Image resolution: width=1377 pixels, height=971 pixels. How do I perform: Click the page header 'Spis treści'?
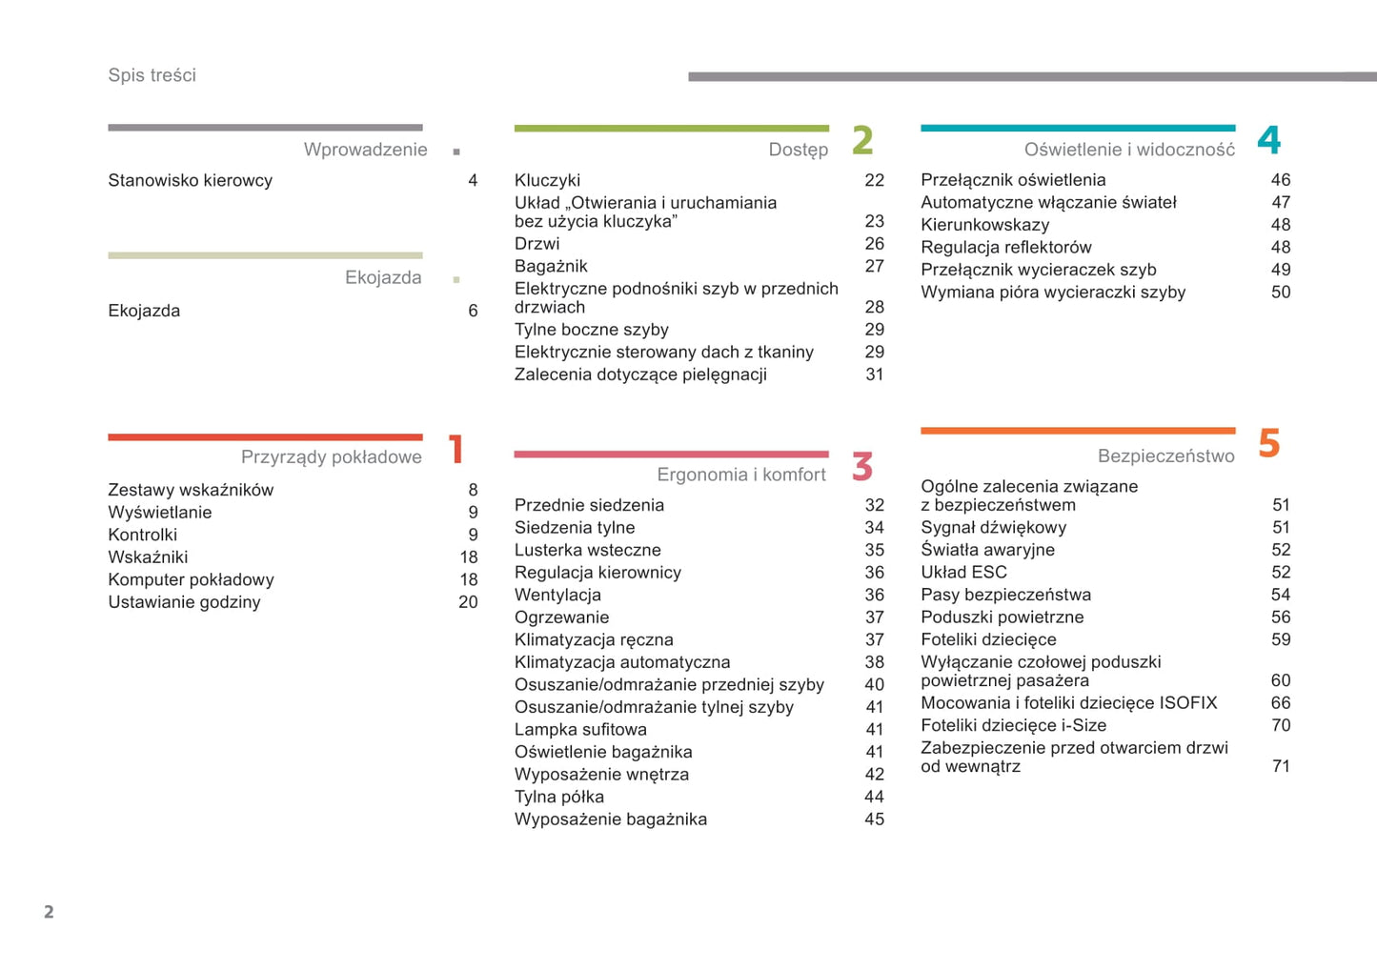coord(152,75)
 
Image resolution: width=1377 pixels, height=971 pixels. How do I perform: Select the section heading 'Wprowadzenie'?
coord(365,150)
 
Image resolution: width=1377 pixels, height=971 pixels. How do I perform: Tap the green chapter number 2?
coord(862,140)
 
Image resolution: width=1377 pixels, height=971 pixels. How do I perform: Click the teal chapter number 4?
coord(1268,140)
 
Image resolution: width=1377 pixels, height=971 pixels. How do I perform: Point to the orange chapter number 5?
coord(1268,443)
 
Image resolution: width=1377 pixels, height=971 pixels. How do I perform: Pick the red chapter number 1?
coord(456,449)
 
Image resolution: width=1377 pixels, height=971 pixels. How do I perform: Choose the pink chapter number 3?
coord(862,467)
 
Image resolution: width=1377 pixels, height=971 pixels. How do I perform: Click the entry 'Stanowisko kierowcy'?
coord(190,180)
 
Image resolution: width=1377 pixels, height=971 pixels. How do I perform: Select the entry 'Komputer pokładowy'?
coord(191,579)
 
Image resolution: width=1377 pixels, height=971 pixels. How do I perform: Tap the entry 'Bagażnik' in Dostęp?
coord(551,266)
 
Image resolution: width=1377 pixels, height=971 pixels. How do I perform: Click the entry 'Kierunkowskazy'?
coord(984,225)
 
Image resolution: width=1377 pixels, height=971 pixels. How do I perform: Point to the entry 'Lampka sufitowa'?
coord(580,729)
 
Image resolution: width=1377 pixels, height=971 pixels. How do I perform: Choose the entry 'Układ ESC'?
coord(963,572)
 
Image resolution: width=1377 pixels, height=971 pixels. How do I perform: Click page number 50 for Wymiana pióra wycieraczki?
coord(1281,292)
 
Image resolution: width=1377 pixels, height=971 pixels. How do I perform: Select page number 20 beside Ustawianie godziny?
coord(468,601)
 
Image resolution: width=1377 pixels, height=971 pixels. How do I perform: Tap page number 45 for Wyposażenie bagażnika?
coord(874,819)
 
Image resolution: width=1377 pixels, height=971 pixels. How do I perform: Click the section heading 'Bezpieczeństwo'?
coord(1165,455)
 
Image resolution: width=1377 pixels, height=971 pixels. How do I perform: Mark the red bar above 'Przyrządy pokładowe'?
coord(265,437)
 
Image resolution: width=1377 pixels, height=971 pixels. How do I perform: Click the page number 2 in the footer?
coord(49,912)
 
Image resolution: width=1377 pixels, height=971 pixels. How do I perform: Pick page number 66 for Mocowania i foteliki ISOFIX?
coord(1281,702)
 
